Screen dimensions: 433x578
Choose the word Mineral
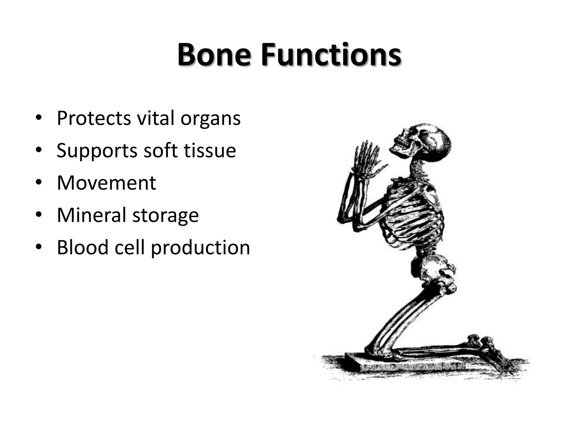(x=91, y=215)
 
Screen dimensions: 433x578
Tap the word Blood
(x=83, y=247)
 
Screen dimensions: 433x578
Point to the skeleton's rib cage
(x=415, y=217)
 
